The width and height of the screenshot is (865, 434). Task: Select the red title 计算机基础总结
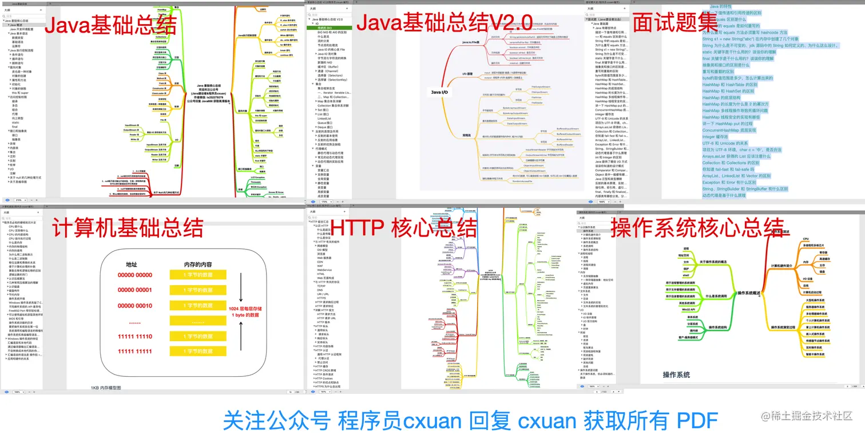click(x=127, y=228)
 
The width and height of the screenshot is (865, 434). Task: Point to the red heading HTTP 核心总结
click(x=404, y=228)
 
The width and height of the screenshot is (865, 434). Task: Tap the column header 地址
click(x=132, y=265)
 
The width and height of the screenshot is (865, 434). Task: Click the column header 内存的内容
click(x=197, y=265)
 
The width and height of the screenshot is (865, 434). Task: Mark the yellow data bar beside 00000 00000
click(x=198, y=275)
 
